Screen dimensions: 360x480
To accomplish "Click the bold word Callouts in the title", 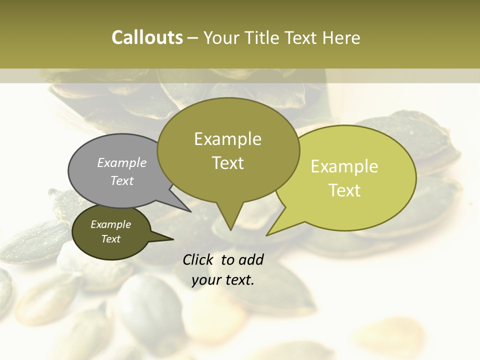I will click(147, 37).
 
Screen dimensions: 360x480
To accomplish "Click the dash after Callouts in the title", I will click(192, 38).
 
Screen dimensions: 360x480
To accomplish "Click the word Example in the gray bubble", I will click(121, 162).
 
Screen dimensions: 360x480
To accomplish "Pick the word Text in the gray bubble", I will click(121, 180).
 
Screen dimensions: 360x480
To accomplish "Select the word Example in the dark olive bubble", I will click(110, 224).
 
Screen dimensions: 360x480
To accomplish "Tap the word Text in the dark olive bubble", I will click(110, 239).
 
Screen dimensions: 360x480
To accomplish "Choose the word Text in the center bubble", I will click(227, 163).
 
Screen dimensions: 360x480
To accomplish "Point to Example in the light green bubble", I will click(344, 166).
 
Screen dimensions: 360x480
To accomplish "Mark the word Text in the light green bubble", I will click(344, 190).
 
